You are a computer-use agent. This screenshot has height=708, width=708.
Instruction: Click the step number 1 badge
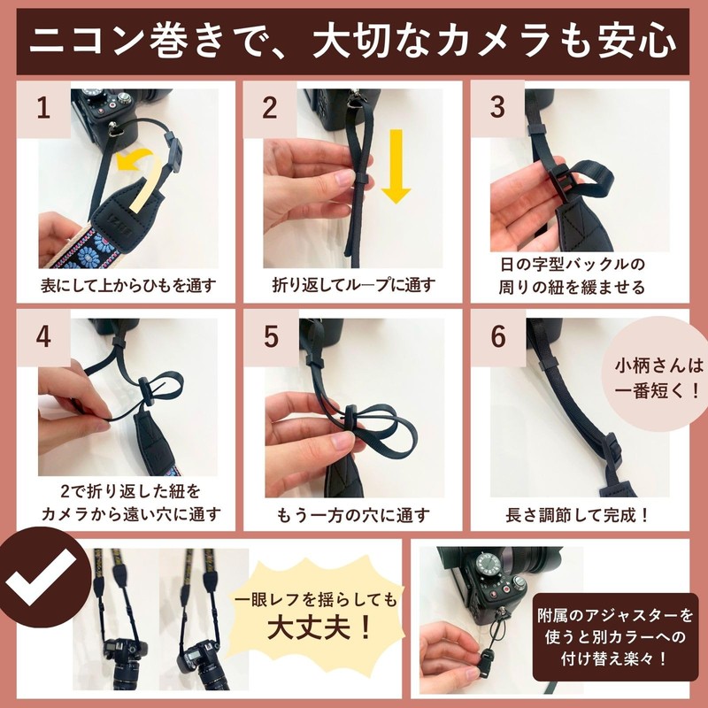42,109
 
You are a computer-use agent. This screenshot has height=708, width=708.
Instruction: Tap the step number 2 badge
271,109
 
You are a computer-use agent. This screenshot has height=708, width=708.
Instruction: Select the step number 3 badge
497,109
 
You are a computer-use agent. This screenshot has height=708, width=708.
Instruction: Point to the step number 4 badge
42,337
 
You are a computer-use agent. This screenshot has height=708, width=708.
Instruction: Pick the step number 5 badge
271,337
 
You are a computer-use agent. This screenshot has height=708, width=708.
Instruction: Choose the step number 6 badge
497,337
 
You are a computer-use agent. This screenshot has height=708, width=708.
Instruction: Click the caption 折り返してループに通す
354,286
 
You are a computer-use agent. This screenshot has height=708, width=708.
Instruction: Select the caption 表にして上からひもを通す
127,286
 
